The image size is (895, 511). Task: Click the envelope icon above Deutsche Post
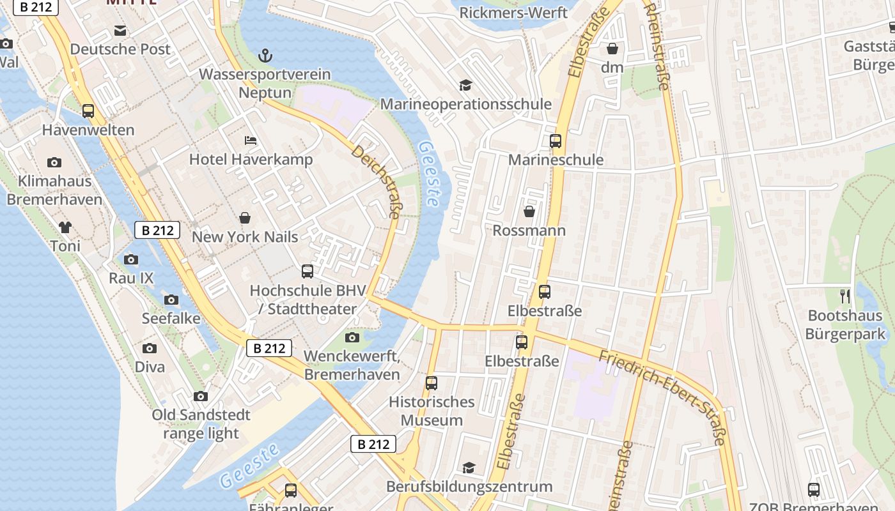click(x=120, y=31)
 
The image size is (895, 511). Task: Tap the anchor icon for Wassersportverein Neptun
click(x=265, y=56)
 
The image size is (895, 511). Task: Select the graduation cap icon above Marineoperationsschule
click(x=465, y=85)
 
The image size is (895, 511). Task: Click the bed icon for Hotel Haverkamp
click(x=251, y=141)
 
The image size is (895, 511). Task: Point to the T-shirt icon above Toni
click(x=65, y=227)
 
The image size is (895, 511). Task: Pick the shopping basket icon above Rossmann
click(x=529, y=211)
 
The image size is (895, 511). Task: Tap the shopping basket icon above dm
click(x=612, y=49)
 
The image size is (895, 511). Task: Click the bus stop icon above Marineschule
click(x=556, y=141)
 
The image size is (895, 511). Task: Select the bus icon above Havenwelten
click(x=88, y=111)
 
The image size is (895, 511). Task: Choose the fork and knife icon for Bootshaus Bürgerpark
click(x=845, y=296)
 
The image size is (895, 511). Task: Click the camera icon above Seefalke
click(x=171, y=300)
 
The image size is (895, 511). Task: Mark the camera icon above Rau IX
click(x=131, y=259)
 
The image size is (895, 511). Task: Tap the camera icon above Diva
click(x=150, y=348)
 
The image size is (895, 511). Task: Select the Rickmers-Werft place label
click(x=513, y=12)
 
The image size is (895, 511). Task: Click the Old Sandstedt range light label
click(x=201, y=424)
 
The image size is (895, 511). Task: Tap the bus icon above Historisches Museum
click(x=432, y=383)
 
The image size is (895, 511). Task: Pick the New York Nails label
click(x=245, y=237)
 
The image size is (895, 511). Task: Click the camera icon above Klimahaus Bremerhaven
click(x=54, y=162)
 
